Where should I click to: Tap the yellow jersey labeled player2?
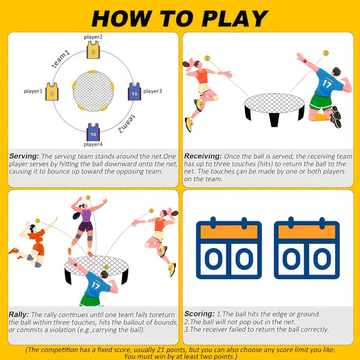pyautogui.click(x=93, y=51)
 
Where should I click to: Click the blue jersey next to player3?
pyautogui.click(x=134, y=92)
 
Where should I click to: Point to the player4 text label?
pyautogui.click(x=93, y=145)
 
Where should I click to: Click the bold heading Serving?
pyautogui.click(x=24, y=156)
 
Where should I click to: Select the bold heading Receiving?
pyautogui.click(x=203, y=156)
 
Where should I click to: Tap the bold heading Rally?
pyautogui.click(x=19, y=314)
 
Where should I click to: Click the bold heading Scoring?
pyautogui.click(x=199, y=314)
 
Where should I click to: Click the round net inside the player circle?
pyautogui.click(x=93, y=91)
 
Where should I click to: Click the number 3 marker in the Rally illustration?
pyautogui.click(x=87, y=197)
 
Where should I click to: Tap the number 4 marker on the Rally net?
pyautogui.click(x=106, y=267)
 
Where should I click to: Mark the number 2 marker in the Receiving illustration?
pyautogui.click(x=325, y=53)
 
